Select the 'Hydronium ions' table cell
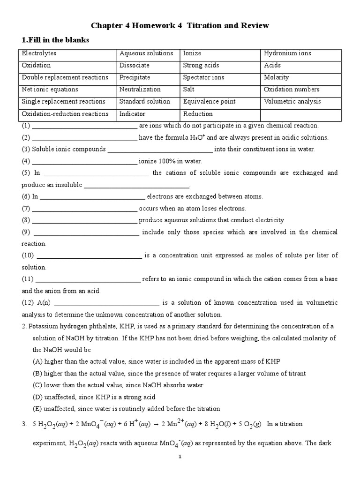[x=287, y=53]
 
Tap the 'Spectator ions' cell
[x=203, y=77]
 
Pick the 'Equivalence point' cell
[x=209, y=101]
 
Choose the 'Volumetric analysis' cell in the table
[x=292, y=101]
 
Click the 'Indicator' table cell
[x=132, y=113]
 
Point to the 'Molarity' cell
[x=277, y=77]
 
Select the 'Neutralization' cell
[x=140, y=89]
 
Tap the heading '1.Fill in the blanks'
[x=55, y=40]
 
